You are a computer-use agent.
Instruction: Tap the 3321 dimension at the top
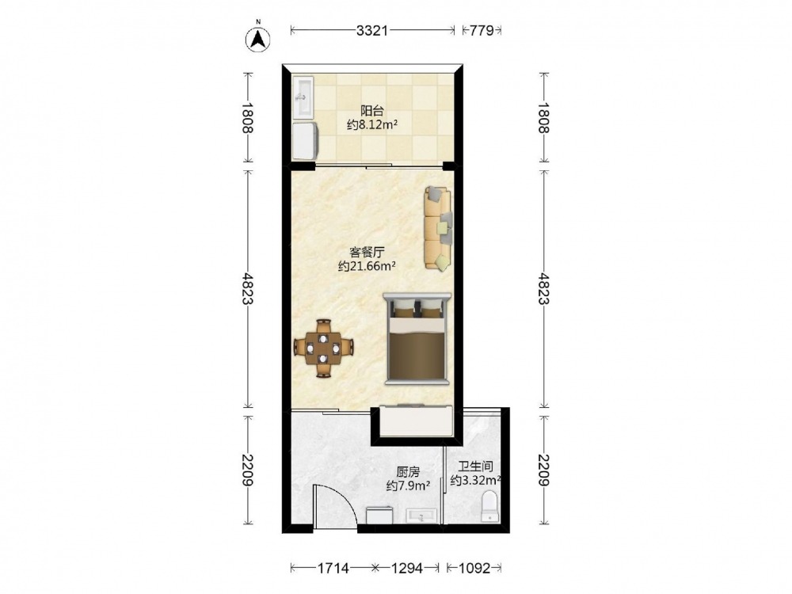point(372,31)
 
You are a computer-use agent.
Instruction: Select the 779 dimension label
point(482,31)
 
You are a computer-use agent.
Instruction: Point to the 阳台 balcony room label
point(372,110)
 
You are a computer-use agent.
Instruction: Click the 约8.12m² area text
point(372,125)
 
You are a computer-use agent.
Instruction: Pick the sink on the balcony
point(303,97)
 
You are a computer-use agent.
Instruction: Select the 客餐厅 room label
point(367,252)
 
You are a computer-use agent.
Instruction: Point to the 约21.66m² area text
point(367,265)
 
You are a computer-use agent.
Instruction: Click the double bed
point(417,338)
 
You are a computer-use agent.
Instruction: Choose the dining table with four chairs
point(323,348)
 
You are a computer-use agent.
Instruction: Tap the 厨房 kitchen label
point(408,472)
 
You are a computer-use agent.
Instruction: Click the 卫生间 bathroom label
point(475,466)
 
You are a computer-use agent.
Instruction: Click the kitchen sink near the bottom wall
point(421,516)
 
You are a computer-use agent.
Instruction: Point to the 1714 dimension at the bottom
point(333,568)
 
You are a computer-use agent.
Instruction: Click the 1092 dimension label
point(474,568)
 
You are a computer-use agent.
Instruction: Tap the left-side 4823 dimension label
point(247,289)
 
